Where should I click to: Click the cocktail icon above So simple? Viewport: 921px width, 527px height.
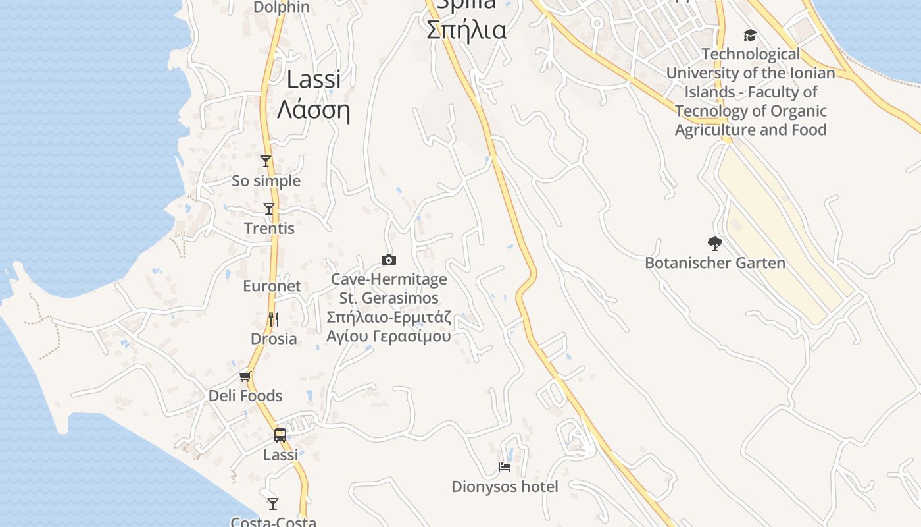[266, 161]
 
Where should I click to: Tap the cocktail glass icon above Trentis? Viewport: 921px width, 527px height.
[269, 209]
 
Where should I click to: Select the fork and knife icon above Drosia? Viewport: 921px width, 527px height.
[274, 319]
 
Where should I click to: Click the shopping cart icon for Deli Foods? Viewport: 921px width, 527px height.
[245, 377]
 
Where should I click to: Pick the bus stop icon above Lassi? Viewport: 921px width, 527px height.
[280, 435]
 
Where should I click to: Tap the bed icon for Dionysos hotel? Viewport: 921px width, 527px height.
[505, 467]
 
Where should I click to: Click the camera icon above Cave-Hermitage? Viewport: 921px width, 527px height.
[389, 260]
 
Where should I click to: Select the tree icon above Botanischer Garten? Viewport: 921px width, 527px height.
[715, 244]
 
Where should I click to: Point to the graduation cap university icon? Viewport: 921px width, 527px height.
[750, 35]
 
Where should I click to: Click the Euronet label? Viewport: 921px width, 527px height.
[272, 286]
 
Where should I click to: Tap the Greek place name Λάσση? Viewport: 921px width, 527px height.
[313, 109]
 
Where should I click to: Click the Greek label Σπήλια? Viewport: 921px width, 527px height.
[466, 30]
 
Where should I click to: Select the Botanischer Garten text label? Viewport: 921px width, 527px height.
[715, 263]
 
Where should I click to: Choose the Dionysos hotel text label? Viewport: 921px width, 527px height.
[505, 487]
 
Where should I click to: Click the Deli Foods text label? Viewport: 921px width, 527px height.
[245, 396]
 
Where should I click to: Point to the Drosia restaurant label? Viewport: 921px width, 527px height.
[274, 339]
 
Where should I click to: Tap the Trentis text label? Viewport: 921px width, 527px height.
[269, 229]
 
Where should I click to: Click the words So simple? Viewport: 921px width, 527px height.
[266, 181]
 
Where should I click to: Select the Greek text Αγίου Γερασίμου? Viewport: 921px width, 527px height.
[389, 336]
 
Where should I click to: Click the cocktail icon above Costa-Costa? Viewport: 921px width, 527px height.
[273, 504]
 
